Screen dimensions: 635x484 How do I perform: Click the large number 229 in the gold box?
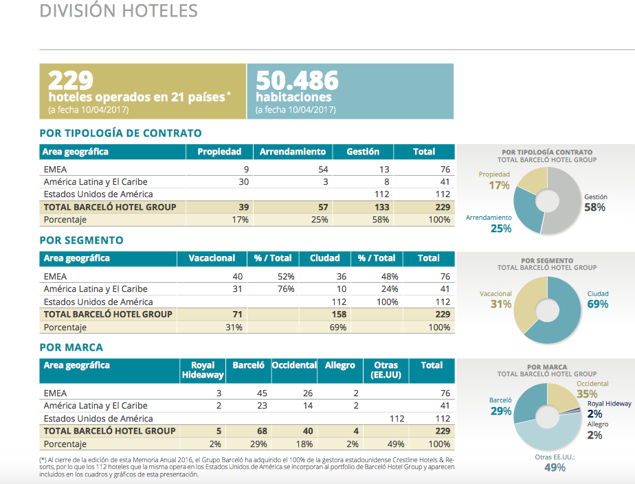pos(71,80)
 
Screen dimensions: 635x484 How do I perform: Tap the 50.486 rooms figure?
pos(297,80)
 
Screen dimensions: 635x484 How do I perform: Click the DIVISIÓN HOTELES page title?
pos(119,11)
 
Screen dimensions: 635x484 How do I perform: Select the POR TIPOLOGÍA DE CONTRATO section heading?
pos(121,133)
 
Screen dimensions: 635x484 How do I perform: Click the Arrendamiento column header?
pos(292,152)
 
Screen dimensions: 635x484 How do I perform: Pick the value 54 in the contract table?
pos(323,169)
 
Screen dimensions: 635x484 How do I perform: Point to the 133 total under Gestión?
pos(381,207)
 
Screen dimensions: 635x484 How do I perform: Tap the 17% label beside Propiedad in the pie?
pos(499,185)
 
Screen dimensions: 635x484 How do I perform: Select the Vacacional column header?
pos(212,258)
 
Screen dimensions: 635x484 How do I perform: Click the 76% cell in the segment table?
pos(286,289)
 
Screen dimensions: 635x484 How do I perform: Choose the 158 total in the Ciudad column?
pos(339,314)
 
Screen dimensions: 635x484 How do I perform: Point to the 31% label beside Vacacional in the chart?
pos(501,304)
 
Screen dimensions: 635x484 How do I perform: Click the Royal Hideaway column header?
pos(203,370)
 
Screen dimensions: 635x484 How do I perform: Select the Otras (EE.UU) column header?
pos(386,370)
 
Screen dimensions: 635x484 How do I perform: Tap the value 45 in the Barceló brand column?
pos(262,393)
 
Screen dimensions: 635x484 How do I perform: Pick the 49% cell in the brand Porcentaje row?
pos(396,444)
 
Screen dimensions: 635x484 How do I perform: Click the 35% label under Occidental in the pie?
pos(587,394)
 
